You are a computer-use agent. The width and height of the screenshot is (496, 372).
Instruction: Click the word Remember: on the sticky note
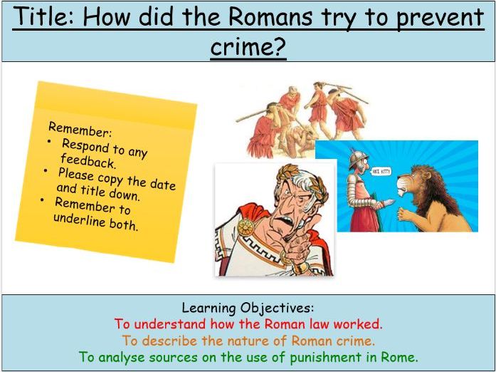80,131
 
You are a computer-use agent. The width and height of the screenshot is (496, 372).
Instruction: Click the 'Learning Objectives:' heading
247,308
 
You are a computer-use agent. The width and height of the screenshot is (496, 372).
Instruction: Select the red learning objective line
248,324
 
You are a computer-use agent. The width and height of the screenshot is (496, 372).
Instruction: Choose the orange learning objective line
248,341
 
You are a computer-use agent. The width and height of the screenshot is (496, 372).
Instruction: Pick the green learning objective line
248,357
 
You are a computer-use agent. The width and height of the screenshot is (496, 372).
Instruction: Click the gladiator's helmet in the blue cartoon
354,155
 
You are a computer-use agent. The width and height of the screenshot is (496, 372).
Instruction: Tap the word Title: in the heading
43,16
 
